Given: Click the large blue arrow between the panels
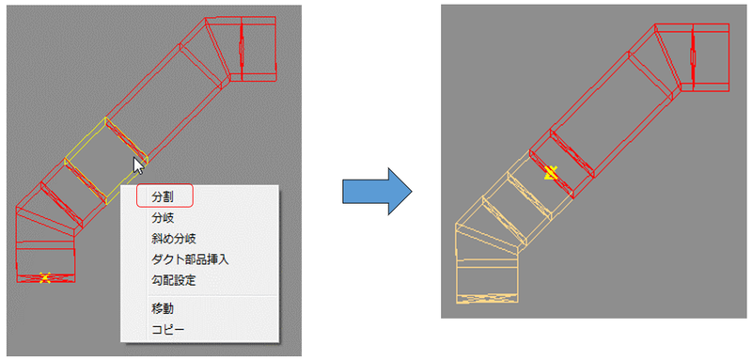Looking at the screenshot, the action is tap(377, 191).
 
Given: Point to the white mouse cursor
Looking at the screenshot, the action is tap(138, 165).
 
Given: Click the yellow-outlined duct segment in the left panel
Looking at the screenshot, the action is tap(106, 161).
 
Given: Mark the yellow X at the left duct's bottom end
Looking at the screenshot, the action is tap(45, 277).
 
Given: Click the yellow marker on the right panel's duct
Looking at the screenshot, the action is tap(551, 173).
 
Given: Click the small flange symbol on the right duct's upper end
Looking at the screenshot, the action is tap(693, 57).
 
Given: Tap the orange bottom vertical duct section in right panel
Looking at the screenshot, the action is tap(487, 282).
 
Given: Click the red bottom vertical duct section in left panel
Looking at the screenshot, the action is tap(45, 262).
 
